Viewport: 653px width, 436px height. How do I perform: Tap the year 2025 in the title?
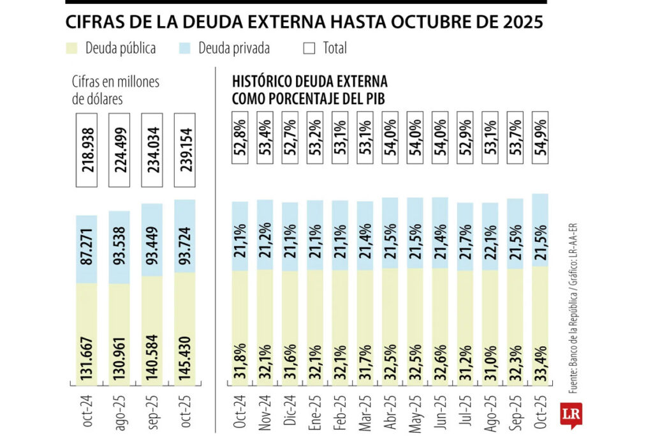[522, 22]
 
